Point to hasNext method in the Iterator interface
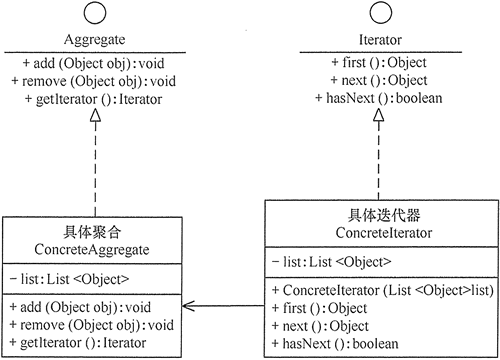[x=376, y=100]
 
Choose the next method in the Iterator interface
[x=376, y=83]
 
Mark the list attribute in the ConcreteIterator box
[x=331, y=263]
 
